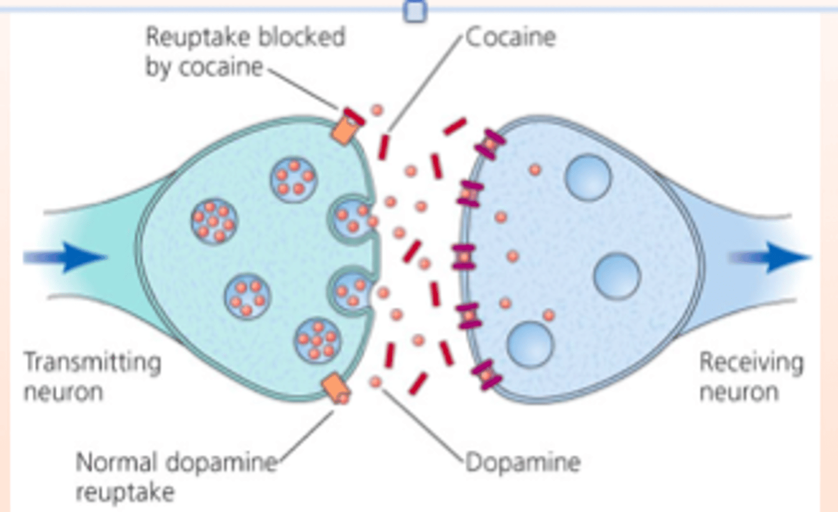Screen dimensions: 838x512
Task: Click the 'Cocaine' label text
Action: click(x=511, y=37)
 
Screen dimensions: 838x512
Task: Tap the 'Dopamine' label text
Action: click(x=523, y=462)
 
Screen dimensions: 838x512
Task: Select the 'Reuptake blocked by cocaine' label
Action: click(x=245, y=52)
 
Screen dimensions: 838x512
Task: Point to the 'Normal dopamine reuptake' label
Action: click(x=176, y=476)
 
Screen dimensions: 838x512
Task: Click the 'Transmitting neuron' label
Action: click(x=93, y=377)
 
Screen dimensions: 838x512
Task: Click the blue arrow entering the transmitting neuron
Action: click(x=65, y=257)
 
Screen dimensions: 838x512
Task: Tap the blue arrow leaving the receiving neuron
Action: click(x=770, y=257)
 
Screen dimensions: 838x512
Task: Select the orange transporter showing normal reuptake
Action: click(x=336, y=389)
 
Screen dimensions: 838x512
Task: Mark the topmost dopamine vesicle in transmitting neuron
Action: click(x=294, y=180)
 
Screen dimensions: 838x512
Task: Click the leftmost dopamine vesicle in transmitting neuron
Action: click(x=214, y=221)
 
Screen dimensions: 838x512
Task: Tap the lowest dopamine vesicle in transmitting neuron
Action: click(x=317, y=341)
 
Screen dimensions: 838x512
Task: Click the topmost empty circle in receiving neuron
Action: click(x=588, y=178)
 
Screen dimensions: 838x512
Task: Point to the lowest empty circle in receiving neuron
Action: click(x=531, y=345)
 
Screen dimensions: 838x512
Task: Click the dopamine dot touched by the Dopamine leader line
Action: click(x=375, y=382)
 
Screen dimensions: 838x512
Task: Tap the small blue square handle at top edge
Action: click(x=416, y=11)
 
